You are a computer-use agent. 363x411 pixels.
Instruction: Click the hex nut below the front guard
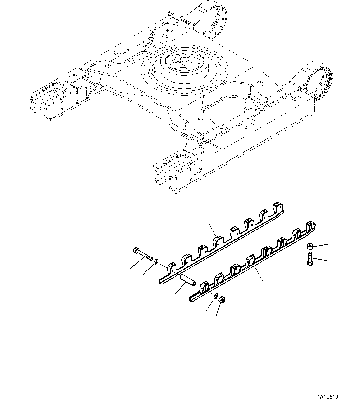click(x=223, y=300)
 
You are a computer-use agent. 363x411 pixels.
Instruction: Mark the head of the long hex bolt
click(x=136, y=250)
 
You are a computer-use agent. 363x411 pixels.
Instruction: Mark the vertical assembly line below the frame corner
click(x=310, y=168)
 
